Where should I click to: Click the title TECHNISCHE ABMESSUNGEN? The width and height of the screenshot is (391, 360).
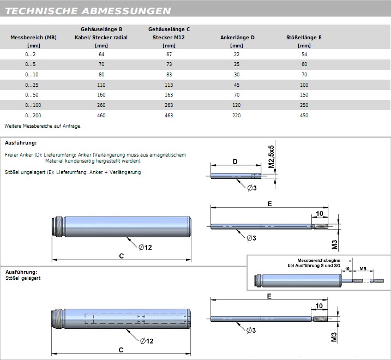88,11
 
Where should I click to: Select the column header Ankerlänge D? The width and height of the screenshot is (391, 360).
237,38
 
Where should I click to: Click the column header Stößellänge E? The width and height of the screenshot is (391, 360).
304,38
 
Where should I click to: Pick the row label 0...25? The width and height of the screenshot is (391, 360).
32,85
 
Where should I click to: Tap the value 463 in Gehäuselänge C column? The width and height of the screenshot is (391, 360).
169,115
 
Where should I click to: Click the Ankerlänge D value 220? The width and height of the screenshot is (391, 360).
236,115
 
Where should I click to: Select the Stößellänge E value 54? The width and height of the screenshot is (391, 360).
304,55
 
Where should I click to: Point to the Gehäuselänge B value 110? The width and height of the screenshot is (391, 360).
101,85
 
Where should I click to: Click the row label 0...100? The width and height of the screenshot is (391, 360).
33,105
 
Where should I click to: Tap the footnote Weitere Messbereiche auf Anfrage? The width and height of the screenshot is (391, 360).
43,126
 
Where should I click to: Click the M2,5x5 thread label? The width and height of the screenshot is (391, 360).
272,157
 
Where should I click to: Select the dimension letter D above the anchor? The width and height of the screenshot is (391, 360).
235,161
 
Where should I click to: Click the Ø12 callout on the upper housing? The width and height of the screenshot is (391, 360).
145,247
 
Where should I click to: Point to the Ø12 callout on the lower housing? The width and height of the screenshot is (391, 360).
147,341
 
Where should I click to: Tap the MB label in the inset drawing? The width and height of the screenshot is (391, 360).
363,269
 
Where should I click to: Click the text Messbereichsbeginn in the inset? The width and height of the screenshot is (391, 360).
318,261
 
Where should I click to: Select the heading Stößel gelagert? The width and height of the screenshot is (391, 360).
23,278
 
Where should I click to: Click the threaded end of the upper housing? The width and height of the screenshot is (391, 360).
58,226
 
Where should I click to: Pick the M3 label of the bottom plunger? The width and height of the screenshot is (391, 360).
334,337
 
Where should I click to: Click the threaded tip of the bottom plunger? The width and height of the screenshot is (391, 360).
320,319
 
